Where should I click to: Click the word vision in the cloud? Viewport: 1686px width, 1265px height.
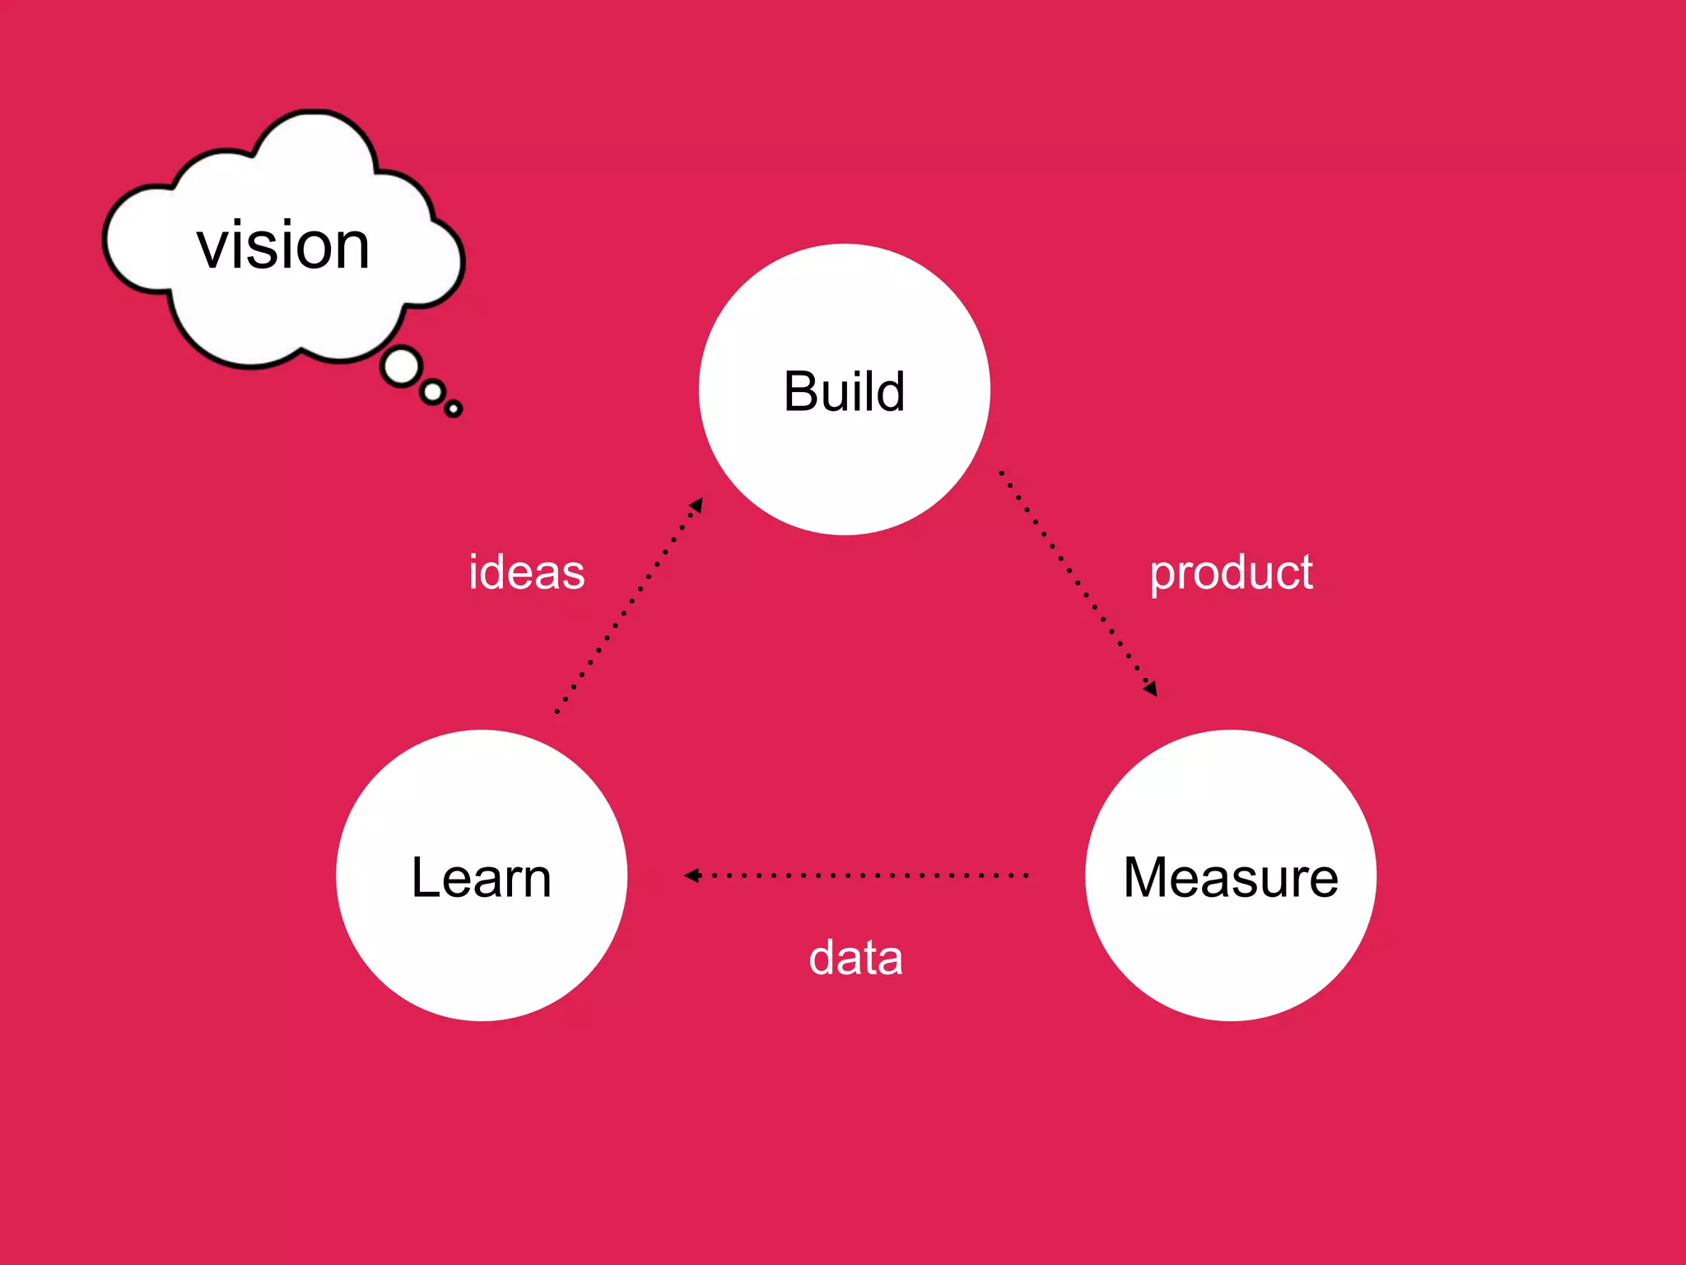coord(283,245)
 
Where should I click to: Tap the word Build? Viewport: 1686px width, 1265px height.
coord(844,391)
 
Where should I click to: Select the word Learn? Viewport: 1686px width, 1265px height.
coord(481,877)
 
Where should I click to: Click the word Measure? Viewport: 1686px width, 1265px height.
coord(1230,877)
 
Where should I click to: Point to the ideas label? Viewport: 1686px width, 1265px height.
coord(526,572)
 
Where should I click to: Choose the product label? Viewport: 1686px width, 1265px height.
coord(1231,572)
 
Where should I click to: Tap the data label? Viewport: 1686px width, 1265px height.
coord(855,958)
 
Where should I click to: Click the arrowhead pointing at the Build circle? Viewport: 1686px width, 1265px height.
coord(696,504)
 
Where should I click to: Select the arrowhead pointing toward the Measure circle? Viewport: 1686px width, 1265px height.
coord(1151,689)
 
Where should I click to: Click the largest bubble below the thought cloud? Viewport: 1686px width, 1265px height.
coord(402,367)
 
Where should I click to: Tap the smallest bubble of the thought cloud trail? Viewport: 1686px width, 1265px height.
coord(453,408)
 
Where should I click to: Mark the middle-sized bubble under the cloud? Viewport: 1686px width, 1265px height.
coord(432,392)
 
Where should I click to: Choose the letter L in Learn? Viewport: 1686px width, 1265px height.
coord(426,877)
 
